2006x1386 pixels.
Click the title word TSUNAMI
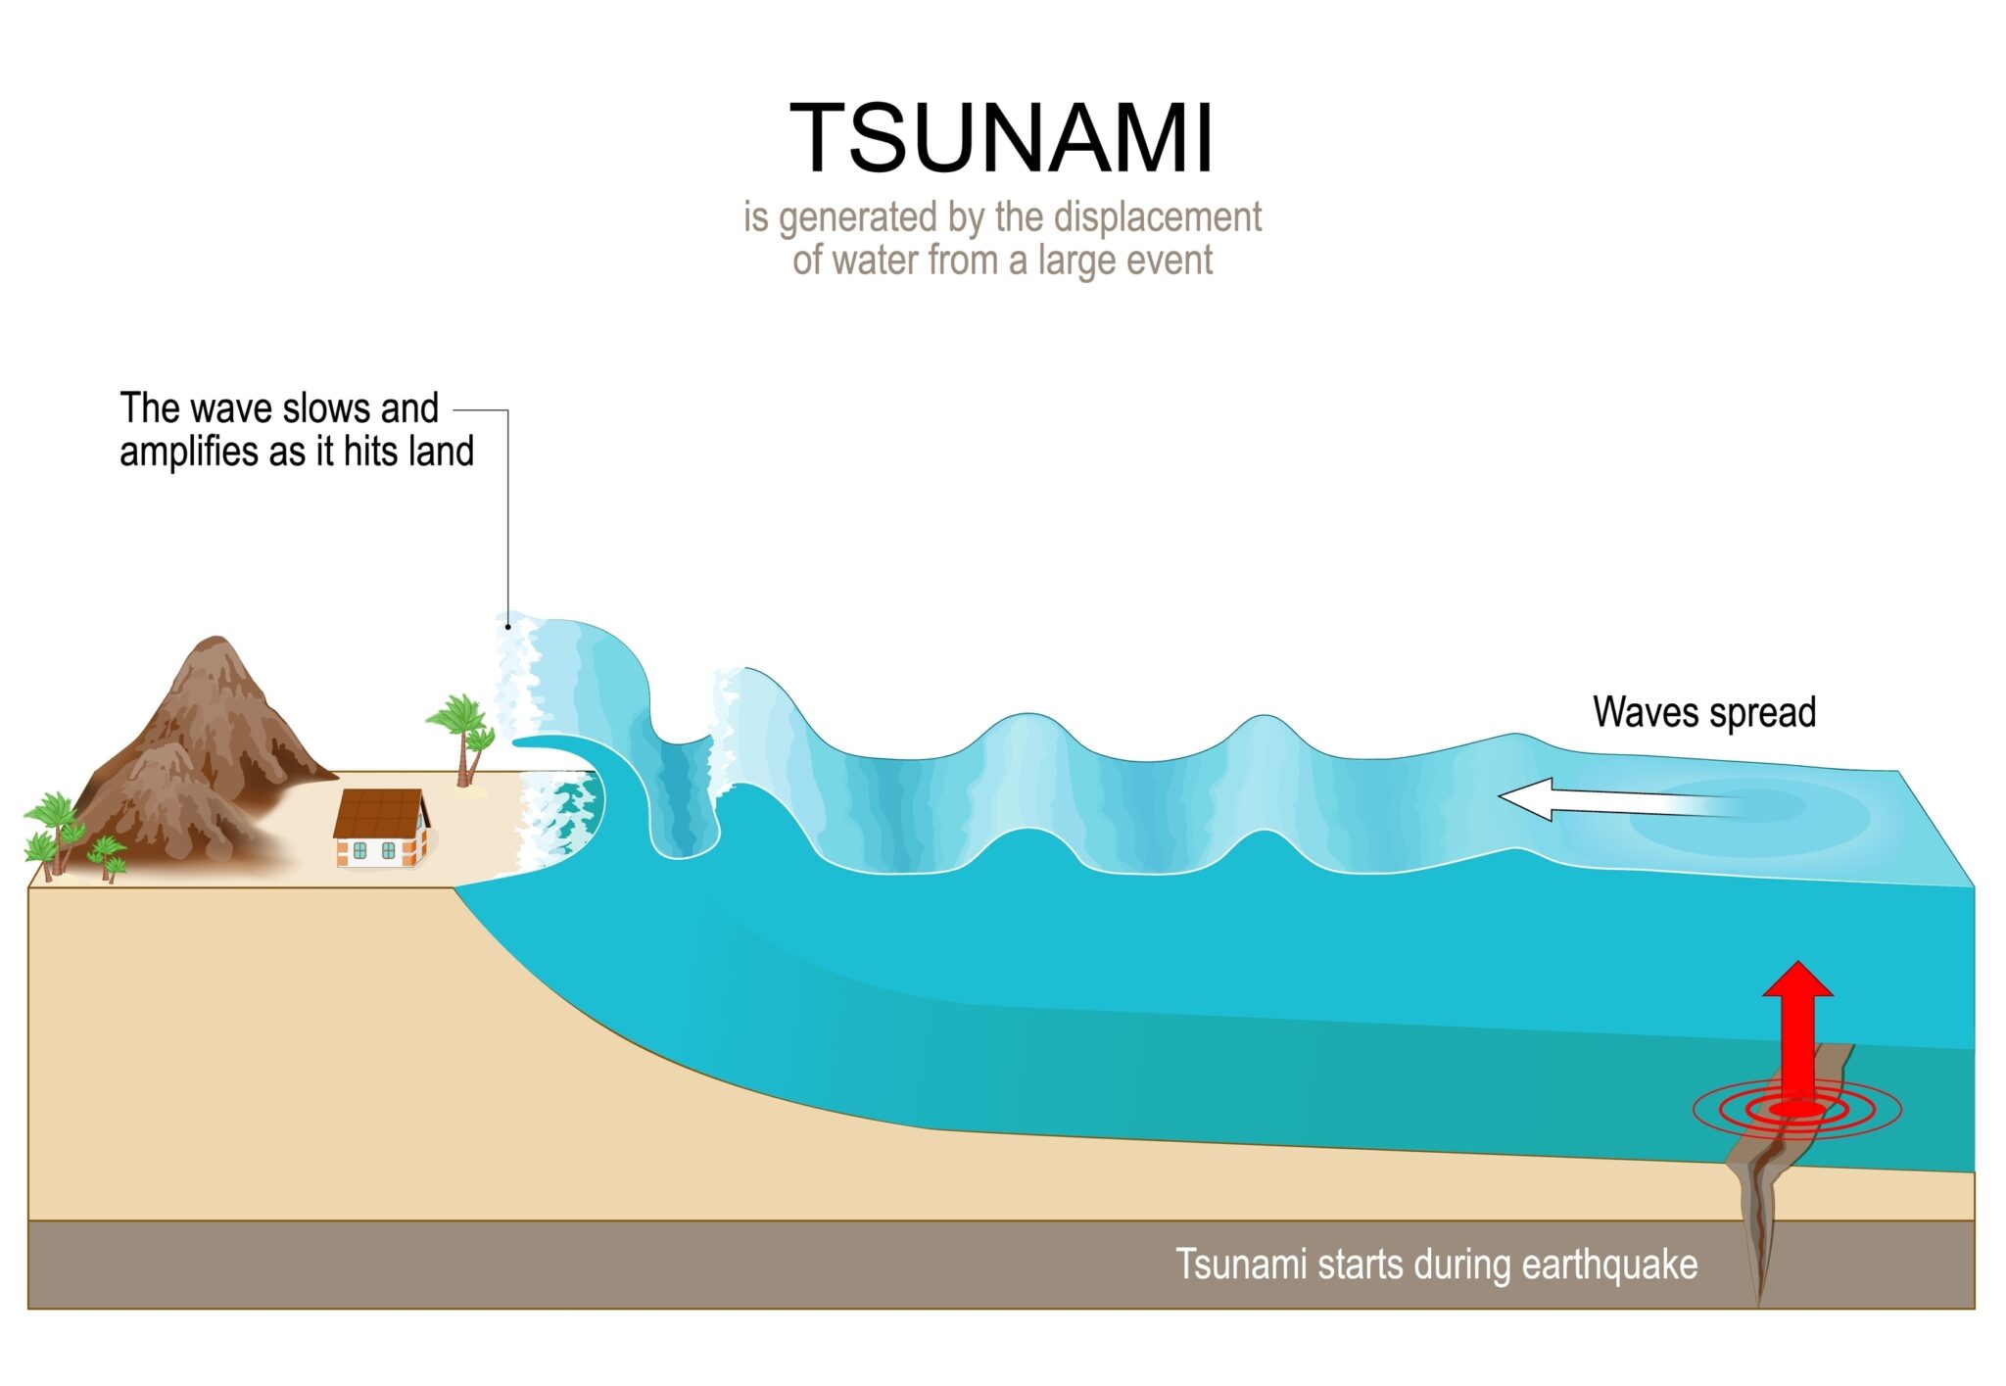(1001, 138)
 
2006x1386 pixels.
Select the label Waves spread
(1703, 712)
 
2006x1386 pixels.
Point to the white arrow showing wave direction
(1606, 799)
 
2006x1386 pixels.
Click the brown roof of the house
(377, 812)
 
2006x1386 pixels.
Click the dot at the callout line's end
(507, 627)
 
